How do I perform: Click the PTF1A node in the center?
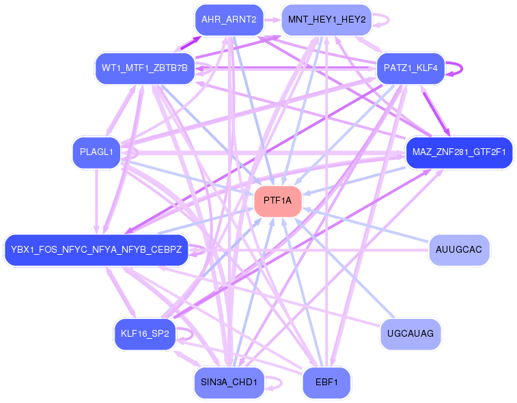click(x=278, y=201)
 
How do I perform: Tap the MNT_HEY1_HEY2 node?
click(x=326, y=19)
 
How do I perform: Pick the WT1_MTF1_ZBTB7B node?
click(x=145, y=68)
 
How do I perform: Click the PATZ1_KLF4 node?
click(x=410, y=68)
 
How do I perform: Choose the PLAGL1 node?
click(x=96, y=152)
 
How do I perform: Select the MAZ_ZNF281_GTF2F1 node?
click(x=459, y=152)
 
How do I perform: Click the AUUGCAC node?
click(x=459, y=249)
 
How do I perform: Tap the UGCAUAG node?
click(x=410, y=333)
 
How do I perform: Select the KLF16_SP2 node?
click(x=145, y=333)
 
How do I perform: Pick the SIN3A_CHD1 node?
click(x=228, y=382)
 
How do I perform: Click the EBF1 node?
click(x=326, y=382)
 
